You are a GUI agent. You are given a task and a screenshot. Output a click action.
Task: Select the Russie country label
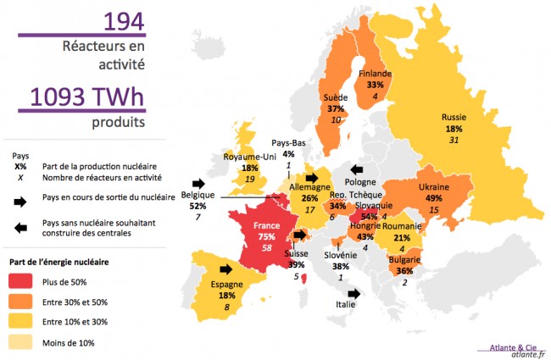(456, 117)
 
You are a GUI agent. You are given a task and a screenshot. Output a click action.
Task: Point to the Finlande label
(375, 74)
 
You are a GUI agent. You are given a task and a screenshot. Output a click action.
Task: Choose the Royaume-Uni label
(250, 157)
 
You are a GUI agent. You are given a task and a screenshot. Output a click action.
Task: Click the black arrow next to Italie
(353, 293)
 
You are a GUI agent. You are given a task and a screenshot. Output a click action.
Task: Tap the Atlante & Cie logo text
(512, 346)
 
